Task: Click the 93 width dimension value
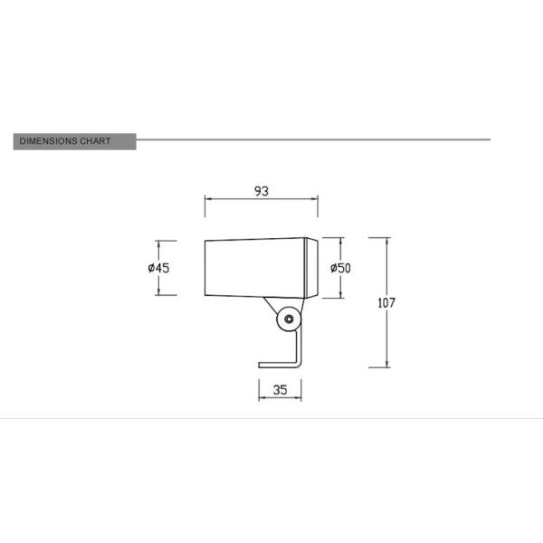click(x=262, y=192)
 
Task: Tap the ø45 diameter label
click(x=158, y=268)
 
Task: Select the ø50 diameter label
click(x=340, y=268)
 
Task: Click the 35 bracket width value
click(x=280, y=391)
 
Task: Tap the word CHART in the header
click(x=97, y=141)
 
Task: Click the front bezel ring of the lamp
click(x=312, y=268)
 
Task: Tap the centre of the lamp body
click(x=256, y=268)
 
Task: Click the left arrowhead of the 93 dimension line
click(x=207, y=200)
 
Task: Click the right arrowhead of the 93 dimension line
click(x=317, y=200)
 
